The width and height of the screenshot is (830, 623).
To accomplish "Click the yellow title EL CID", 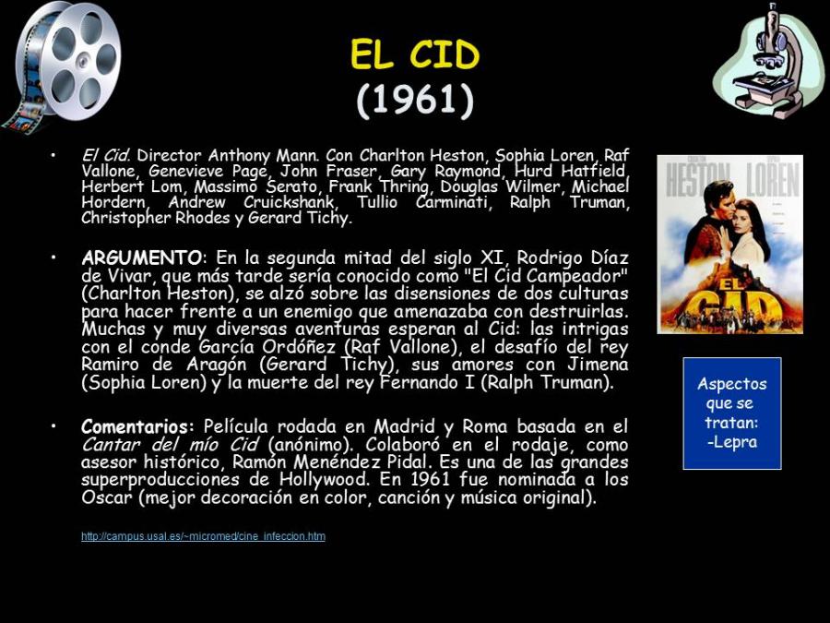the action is [414, 54].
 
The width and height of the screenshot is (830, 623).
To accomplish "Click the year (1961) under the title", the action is [414, 100].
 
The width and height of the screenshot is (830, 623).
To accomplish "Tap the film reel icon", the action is [62, 66].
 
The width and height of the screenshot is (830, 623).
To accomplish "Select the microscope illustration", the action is [768, 60].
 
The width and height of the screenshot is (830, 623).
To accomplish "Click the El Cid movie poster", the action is [730, 245].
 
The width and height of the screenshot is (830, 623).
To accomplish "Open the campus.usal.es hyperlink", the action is [203, 536].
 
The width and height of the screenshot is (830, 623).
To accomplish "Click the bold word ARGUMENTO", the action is [141, 258].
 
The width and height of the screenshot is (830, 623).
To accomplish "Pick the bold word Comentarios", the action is [135, 426].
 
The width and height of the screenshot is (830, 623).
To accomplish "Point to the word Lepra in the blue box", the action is [732, 441].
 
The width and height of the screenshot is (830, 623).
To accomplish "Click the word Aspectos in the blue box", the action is [732, 384].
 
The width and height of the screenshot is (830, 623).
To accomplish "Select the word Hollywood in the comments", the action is [323, 480].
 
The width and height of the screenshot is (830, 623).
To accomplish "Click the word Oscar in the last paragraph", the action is [106, 497].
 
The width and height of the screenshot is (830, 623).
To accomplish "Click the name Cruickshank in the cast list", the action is [289, 202].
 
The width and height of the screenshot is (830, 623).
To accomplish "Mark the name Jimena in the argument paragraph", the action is [599, 365].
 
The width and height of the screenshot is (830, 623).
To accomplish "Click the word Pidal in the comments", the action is [406, 462].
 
